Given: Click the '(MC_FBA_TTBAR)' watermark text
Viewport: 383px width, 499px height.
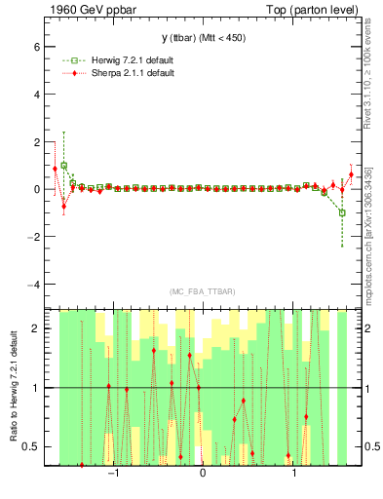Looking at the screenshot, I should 203,291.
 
